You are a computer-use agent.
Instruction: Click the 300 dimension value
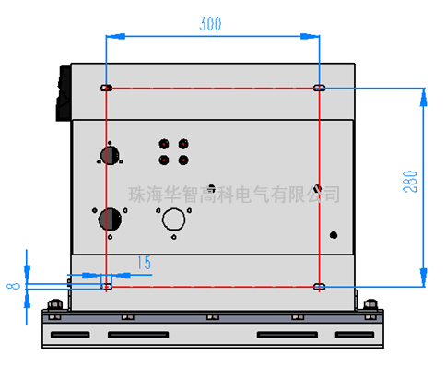(210, 24)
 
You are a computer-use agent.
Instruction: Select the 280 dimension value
(410, 182)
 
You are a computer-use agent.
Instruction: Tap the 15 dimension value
(144, 263)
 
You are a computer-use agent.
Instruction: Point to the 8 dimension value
(13, 286)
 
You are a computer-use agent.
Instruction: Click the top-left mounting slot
(106, 88)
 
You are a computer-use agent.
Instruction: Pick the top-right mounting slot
(320, 88)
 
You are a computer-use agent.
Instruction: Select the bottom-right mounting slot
(320, 287)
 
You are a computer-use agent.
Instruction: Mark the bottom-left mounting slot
(106, 287)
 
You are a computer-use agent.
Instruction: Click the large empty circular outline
(174, 219)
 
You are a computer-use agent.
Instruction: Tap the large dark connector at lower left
(110, 219)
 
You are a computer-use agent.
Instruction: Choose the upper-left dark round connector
(110, 155)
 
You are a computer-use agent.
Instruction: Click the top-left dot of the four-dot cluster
(164, 144)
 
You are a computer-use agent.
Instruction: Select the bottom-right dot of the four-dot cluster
(183, 160)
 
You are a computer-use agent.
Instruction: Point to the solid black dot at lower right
(334, 235)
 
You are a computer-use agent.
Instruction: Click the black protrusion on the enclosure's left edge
(64, 93)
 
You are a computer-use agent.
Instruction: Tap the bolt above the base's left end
(55, 304)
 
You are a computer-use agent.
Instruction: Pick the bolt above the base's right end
(370, 304)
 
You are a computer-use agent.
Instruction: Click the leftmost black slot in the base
(70, 335)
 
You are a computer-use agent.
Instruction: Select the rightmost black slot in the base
(355, 335)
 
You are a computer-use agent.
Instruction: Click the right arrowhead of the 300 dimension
(310, 36)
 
